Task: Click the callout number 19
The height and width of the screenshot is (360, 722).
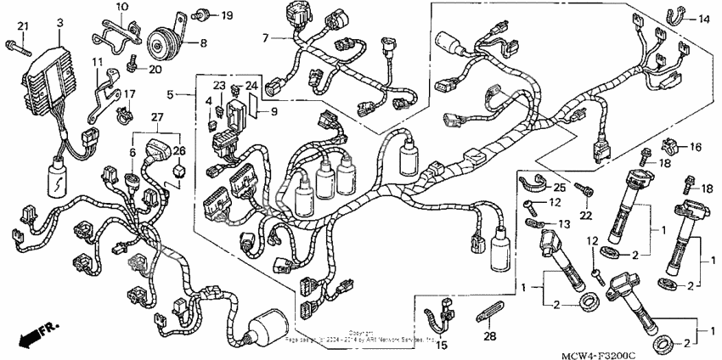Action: click(227, 15)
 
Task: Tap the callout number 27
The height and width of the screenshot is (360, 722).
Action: click(157, 115)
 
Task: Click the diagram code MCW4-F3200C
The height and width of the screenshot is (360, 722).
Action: click(655, 348)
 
